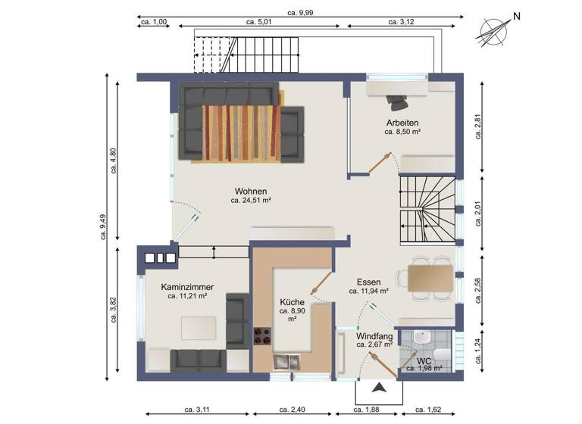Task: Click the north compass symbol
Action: coord(496,30)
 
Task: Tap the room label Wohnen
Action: coord(251,191)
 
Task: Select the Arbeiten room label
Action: coord(402,122)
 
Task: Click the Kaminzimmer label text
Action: coord(187,287)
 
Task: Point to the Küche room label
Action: coord(292,301)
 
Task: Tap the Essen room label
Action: coord(369,281)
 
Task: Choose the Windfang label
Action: coord(374,335)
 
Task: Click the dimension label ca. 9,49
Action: coord(105,226)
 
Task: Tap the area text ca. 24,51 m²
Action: coord(251,201)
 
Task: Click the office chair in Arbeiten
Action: coord(396,100)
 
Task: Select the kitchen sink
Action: coord(287,361)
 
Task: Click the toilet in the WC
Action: coord(444,352)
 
